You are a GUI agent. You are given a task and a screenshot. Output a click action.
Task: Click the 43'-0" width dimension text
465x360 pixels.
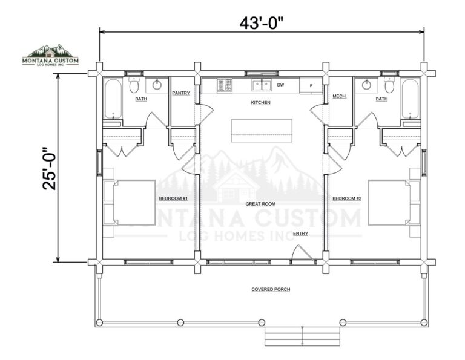point(262,23)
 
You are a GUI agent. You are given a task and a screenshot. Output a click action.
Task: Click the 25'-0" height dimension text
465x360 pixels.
point(49,168)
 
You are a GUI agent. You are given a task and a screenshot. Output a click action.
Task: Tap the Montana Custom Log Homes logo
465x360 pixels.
point(50,55)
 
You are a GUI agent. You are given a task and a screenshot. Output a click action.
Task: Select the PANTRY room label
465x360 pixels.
point(181,93)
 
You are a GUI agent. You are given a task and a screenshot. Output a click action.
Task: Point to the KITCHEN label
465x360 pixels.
point(261,102)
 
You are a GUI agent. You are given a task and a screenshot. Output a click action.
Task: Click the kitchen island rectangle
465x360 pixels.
point(262,131)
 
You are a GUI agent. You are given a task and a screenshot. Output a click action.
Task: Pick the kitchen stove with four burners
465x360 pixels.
point(225,85)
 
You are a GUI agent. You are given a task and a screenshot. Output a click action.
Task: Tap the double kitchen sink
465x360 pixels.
point(262,85)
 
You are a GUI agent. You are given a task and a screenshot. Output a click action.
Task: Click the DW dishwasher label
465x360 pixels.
point(280,85)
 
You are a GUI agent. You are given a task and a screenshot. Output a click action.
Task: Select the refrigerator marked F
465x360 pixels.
point(311,86)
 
